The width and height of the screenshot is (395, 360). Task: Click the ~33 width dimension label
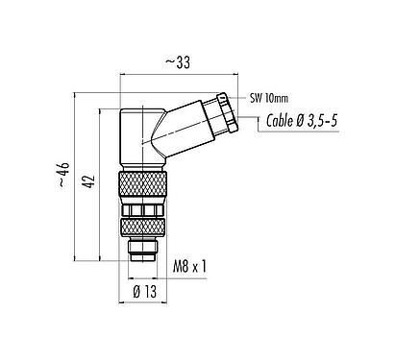tap(176, 61)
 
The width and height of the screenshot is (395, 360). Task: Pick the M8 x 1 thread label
tap(191, 264)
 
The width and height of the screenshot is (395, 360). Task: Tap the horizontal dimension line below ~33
tap(176, 73)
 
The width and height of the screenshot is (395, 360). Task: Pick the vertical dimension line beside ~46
tap(74, 178)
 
